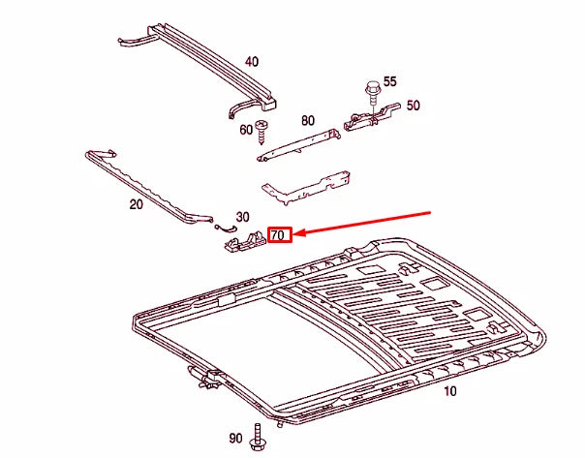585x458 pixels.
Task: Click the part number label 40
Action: (252, 62)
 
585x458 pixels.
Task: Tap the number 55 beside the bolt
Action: (390, 82)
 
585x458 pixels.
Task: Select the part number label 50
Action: (413, 106)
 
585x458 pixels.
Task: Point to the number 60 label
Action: (246, 130)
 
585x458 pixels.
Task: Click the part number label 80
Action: (307, 121)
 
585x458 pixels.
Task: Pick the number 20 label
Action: (136, 204)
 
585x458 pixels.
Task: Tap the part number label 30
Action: (242, 217)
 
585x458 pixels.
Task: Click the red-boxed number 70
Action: (279, 235)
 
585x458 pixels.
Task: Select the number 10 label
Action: (449, 392)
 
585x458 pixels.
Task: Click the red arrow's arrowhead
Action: (298, 234)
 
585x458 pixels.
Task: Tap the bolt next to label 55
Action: (371, 93)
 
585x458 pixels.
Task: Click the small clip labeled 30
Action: (225, 227)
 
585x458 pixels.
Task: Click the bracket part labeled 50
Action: (366, 118)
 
